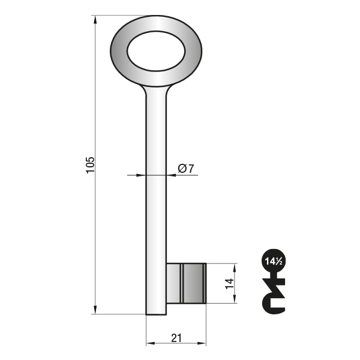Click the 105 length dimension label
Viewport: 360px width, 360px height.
click(90, 165)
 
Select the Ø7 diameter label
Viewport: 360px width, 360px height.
click(186, 169)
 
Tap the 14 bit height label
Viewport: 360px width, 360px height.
click(230, 284)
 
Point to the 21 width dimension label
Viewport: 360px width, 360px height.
click(176, 338)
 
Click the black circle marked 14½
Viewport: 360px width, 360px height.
click(274, 261)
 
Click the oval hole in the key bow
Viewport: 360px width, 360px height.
click(156, 51)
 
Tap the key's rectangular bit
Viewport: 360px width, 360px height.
click(186, 283)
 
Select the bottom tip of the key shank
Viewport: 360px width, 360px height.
click(156, 314)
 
